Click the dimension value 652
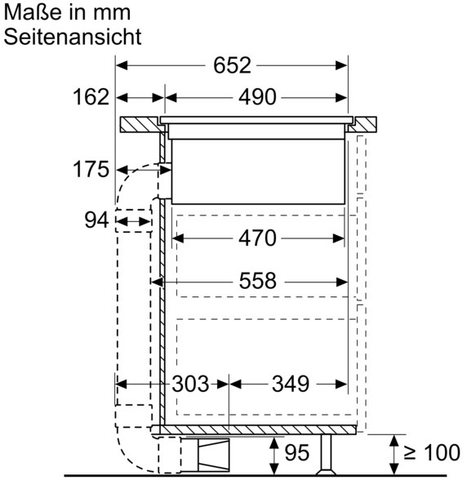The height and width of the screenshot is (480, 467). pos(232,65)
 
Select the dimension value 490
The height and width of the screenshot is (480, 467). pos(257,97)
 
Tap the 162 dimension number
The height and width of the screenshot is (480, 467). pos(91,97)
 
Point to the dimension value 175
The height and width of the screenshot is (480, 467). pos(91,169)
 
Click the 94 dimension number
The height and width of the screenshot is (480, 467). pos(96,220)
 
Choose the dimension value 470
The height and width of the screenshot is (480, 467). pos(257,238)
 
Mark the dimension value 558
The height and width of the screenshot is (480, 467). pos(257,281)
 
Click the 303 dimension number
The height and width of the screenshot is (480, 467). pos(190,384)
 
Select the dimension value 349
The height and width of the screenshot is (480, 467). pos(291,384)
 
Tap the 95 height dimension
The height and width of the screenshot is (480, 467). pos(297,453)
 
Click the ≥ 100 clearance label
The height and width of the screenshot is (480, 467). pos(432,452)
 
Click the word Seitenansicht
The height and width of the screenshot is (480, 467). pos(73,37)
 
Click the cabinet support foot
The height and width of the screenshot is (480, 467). pos(327,455)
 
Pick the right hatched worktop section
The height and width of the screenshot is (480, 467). pos(364,125)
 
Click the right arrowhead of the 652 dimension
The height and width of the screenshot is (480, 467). pos(341,65)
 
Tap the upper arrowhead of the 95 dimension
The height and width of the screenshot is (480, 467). pos(274,442)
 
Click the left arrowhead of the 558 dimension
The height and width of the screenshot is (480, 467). pos(158,282)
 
